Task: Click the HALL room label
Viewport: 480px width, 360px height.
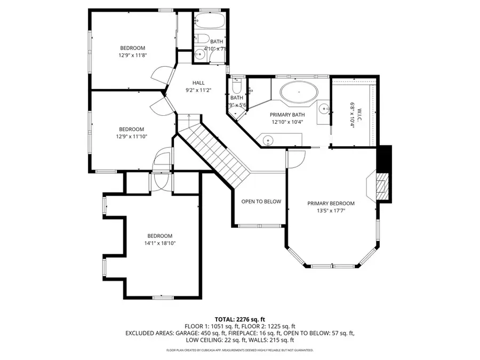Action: [198, 83]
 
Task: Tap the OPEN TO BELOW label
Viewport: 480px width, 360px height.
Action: [261, 202]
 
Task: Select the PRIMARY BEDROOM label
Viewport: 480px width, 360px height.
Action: [331, 203]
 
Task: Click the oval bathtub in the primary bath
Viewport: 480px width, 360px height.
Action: [299, 92]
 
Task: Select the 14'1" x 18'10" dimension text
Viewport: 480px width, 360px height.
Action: [160, 243]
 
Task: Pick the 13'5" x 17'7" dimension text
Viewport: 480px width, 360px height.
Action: [331, 211]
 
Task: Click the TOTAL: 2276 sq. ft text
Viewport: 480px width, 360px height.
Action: [240, 318]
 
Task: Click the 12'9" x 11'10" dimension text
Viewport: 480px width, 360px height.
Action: [131, 137]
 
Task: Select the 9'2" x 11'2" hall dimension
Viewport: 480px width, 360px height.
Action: [198, 90]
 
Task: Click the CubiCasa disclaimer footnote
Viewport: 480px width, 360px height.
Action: [240, 350]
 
